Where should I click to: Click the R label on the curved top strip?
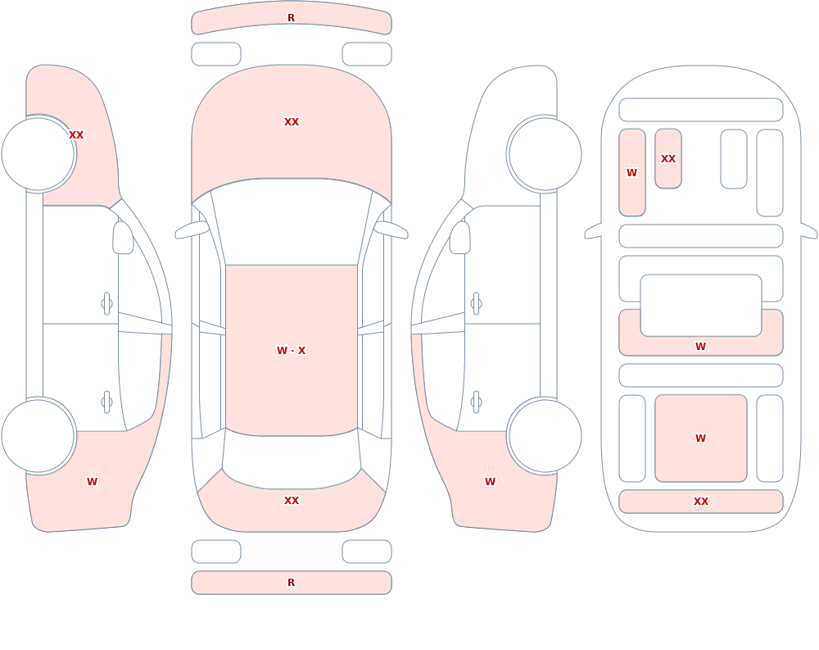coord(291,18)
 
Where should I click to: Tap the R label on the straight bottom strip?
coord(291,582)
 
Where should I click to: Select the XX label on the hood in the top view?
coord(292,122)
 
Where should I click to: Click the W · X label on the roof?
coord(291,350)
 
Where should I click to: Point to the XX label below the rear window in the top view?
coord(292,501)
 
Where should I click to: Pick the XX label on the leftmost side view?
coord(76,135)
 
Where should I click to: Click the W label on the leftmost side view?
coord(92,482)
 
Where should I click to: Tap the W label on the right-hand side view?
coord(490,482)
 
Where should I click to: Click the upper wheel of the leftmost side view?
coord(38,154)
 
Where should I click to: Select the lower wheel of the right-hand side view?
coord(545,435)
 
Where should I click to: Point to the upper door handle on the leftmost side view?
coord(106,304)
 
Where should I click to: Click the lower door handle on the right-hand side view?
coord(476,402)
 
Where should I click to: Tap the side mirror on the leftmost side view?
coord(123,238)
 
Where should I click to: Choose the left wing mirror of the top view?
coord(192,230)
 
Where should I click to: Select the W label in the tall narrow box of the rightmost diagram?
coord(632,173)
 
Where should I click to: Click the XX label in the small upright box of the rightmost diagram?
coord(668,158)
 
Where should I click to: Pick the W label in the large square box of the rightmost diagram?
coord(700,439)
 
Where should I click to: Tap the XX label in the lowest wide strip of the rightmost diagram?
coord(700,502)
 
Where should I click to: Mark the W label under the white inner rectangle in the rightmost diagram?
coord(700,346)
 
